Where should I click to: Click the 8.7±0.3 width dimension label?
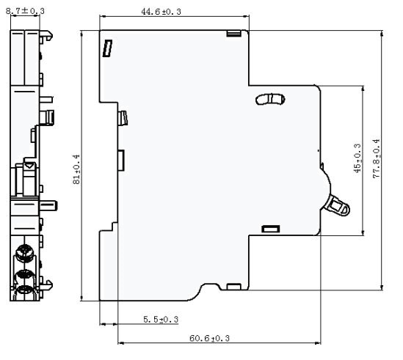(x=25, y=11)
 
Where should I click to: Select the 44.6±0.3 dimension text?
(x=161, y=12)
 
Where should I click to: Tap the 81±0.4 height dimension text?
(x=76, y=169)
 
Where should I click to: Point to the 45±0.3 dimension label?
(x=357, y=158)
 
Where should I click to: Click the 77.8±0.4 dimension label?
(x=376, y=158)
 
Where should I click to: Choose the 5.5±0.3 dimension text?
(x=161, y=320)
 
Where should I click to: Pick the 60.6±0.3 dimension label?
(x=209, y=338)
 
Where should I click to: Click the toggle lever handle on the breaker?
(x=338, y=205)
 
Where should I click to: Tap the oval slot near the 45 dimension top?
(x=270, y=100)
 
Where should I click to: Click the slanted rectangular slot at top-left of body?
(x=107, y=48)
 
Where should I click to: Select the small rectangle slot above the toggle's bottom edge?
(x=271, y=229)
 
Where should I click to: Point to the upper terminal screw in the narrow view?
(x=24, y=253)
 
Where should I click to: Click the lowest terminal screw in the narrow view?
(x=25, y=290)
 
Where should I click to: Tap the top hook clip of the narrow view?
(x=46, y=35)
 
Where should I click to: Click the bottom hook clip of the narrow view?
(x=46, y=285)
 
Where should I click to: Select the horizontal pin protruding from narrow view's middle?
(x=48, y=205)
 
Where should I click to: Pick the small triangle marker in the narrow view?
(x=29, y=166)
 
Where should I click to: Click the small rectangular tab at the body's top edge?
(x=233, y=34)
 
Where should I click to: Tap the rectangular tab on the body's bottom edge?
(x=234, y=287)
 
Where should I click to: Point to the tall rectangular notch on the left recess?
(x=121, y=161)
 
